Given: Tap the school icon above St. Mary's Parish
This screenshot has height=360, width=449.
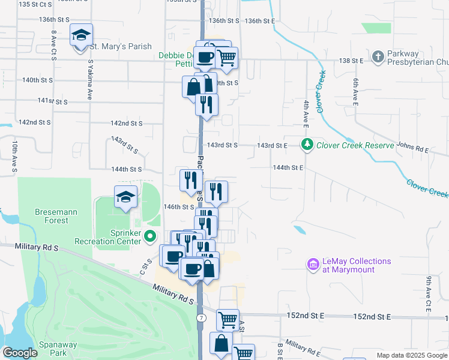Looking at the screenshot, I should click(81, 35).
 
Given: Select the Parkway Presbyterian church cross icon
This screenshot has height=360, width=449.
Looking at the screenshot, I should click(378, 58).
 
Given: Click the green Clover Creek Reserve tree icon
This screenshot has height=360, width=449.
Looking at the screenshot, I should click(307, 145).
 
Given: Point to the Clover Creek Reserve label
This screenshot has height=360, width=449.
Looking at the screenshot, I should click(355, 145).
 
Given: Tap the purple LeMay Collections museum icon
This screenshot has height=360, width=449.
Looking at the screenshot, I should click(312, 264).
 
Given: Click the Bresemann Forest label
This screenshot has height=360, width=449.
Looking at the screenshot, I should click(43, 216).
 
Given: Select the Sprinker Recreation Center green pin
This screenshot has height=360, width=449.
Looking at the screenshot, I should click(151, 236).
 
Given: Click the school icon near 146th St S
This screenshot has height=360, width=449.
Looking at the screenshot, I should click(125, 197).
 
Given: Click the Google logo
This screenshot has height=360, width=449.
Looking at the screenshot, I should click(19, 353).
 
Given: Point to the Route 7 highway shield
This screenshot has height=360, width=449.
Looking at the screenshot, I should click(201, 317).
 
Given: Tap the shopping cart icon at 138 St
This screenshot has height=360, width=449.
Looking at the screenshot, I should click(226, 58).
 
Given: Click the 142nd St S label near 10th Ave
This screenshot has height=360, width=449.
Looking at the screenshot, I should click(34, 122).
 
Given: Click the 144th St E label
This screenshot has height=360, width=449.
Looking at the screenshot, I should click(288, 168).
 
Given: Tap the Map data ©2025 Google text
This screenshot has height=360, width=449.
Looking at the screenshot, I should click(411, 355).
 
